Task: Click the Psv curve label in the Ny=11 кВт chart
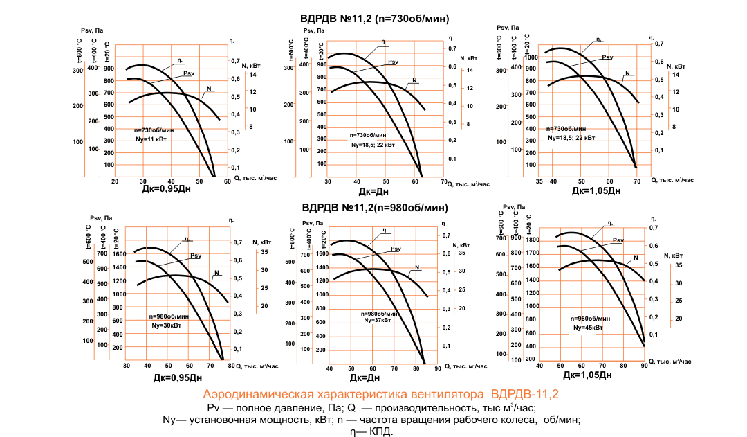point(190,73)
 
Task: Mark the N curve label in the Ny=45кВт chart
point(636,258)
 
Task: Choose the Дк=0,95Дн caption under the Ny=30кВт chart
point(178,378)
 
